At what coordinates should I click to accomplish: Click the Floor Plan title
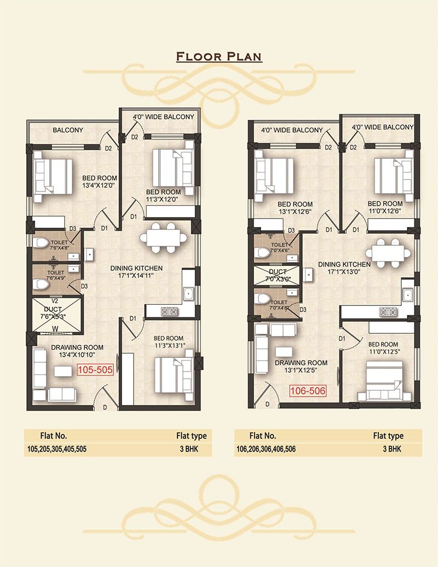219,56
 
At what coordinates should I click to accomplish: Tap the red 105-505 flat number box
95,369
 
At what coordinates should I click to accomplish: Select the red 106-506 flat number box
308,391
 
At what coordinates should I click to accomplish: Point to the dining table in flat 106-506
388,253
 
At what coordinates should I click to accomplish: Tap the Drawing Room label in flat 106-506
301,363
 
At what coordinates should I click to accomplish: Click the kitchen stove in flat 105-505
169,311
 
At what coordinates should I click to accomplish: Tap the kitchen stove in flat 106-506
388,311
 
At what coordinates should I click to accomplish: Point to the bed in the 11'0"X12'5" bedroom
384,381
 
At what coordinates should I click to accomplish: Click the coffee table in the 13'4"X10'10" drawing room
64,372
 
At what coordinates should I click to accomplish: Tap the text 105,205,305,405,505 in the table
57,449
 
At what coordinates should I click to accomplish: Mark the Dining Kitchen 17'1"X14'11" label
136,272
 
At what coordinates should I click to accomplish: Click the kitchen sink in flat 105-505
188,293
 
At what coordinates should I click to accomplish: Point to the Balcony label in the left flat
68,130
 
